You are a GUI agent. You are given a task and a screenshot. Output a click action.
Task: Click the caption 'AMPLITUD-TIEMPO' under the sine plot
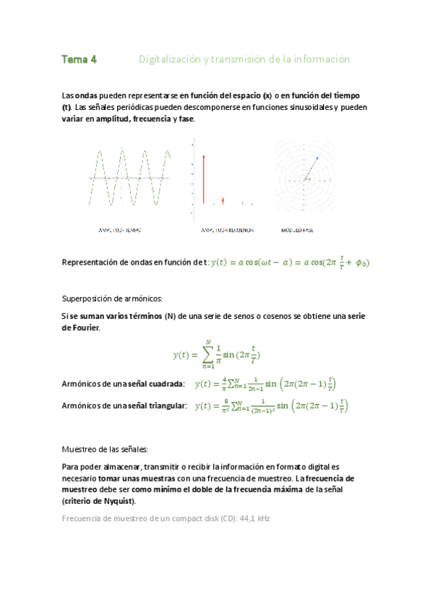point(120,231)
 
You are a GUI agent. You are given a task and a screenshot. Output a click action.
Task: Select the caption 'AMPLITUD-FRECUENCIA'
point(227,231)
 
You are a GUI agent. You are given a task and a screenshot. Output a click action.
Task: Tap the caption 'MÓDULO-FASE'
point(297,231)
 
